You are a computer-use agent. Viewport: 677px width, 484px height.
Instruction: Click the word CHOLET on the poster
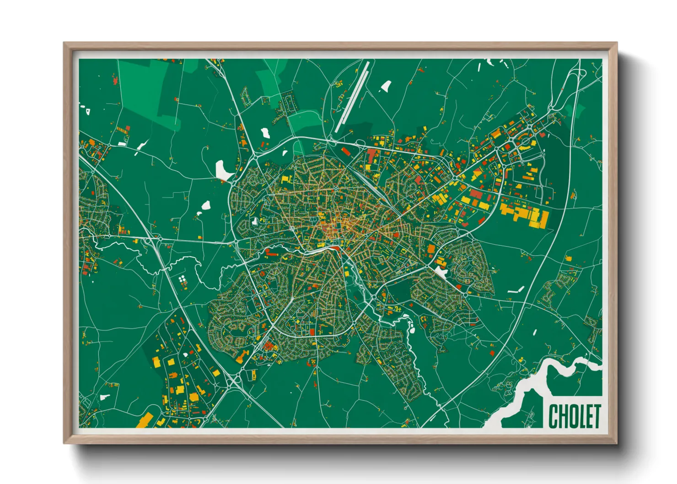pos(575,416)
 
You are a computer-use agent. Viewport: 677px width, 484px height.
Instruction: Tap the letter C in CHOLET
pos(553,416)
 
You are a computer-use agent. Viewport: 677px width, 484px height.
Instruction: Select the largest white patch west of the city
pos(224,171)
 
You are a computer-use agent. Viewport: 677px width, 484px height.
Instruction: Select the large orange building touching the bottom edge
pos(145,420)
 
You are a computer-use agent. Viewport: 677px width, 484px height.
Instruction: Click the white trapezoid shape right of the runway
pos(386,86)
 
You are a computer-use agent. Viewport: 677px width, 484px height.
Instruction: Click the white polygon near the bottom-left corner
pos(105,397)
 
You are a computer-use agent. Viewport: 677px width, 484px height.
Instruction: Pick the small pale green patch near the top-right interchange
pos(578,110)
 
